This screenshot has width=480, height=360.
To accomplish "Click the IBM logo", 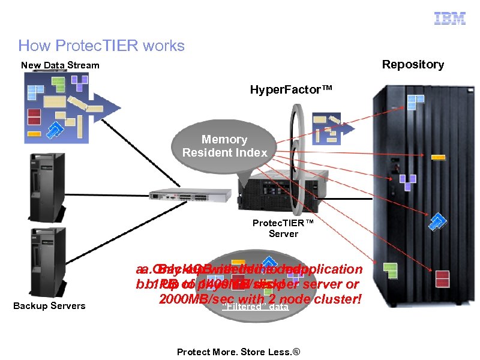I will (450, 19).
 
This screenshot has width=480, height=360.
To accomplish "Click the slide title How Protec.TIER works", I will (101, 45).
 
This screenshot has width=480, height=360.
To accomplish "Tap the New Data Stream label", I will (60, 65).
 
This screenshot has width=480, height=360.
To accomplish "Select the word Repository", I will (413, 64).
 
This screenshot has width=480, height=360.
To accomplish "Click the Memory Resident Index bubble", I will (225, 146).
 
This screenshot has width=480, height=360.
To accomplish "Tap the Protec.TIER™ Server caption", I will (283, 228).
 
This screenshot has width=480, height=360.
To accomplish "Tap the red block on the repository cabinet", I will (443, 279).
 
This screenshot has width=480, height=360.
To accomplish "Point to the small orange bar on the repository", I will (439, 158).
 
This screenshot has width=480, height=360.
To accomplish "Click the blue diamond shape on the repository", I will (437, 221).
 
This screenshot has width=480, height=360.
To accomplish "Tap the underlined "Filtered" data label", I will (256, 307).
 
